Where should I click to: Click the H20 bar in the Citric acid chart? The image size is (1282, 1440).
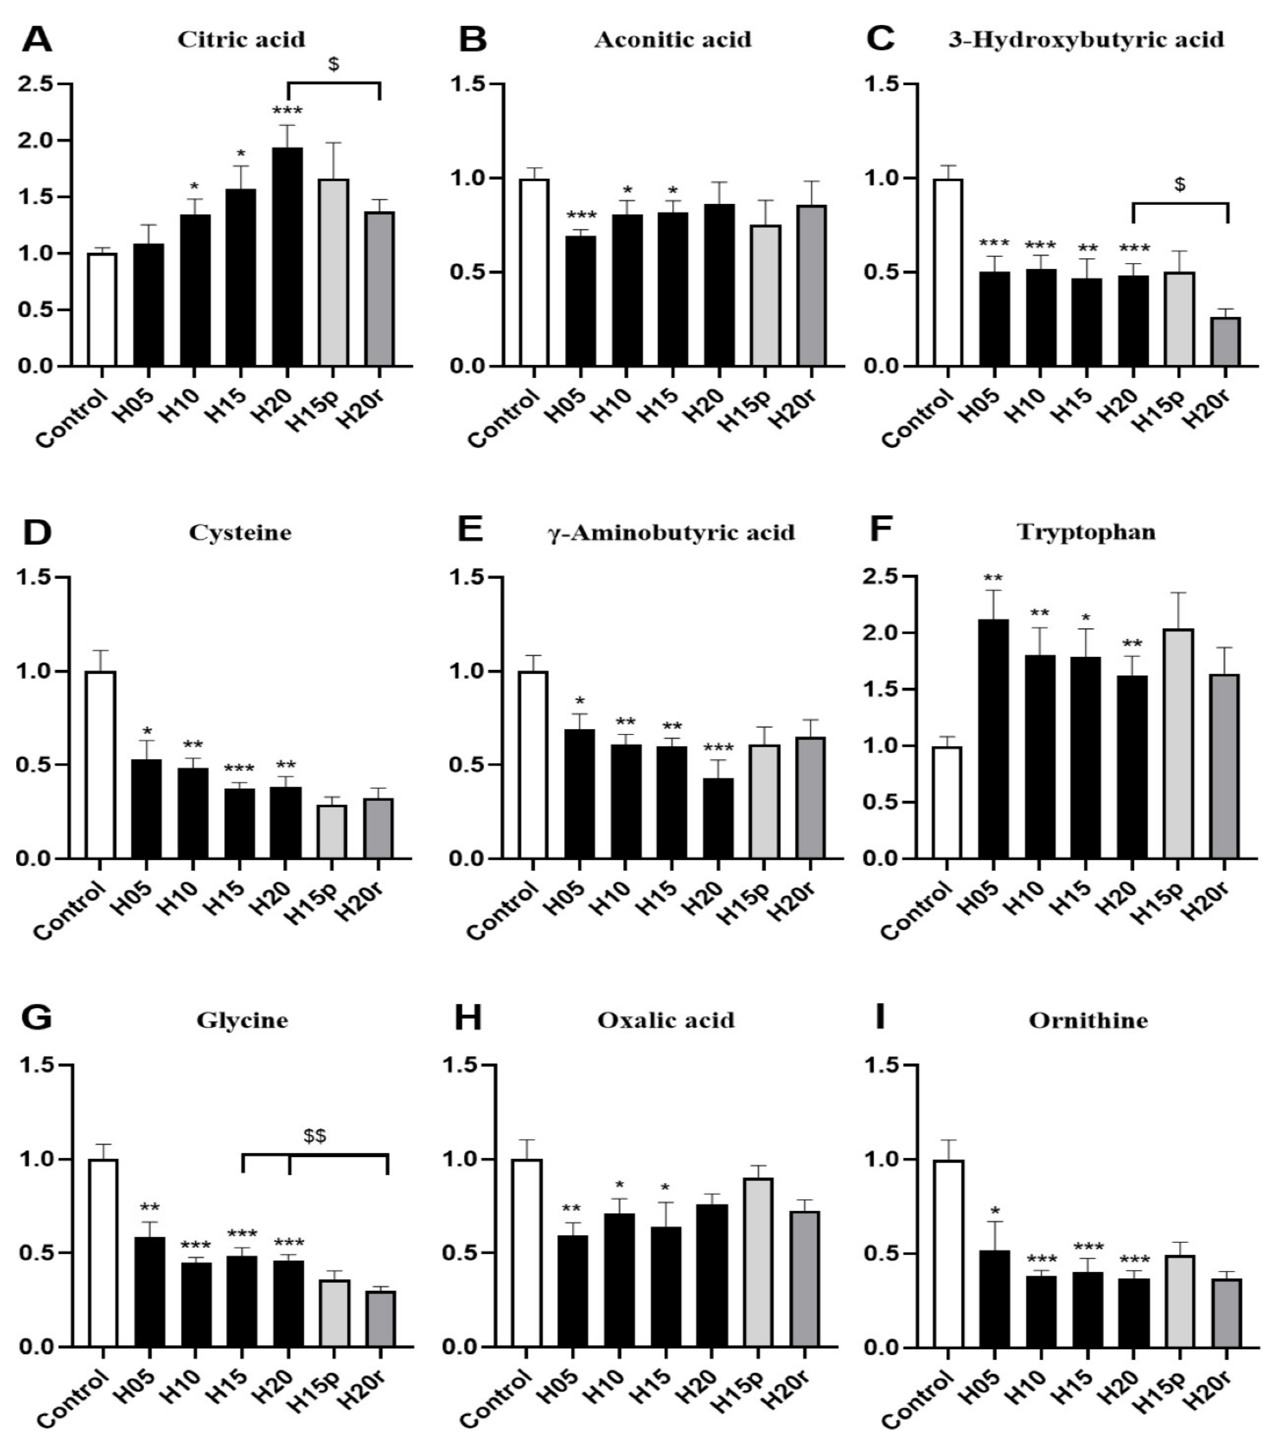(288, 257)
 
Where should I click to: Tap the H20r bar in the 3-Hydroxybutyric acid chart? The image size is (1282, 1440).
(1226, 342)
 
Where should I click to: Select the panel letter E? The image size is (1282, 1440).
(470, 530)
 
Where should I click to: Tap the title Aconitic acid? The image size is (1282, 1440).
(673, 40)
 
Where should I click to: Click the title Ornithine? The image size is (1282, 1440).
(1088, 1021)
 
